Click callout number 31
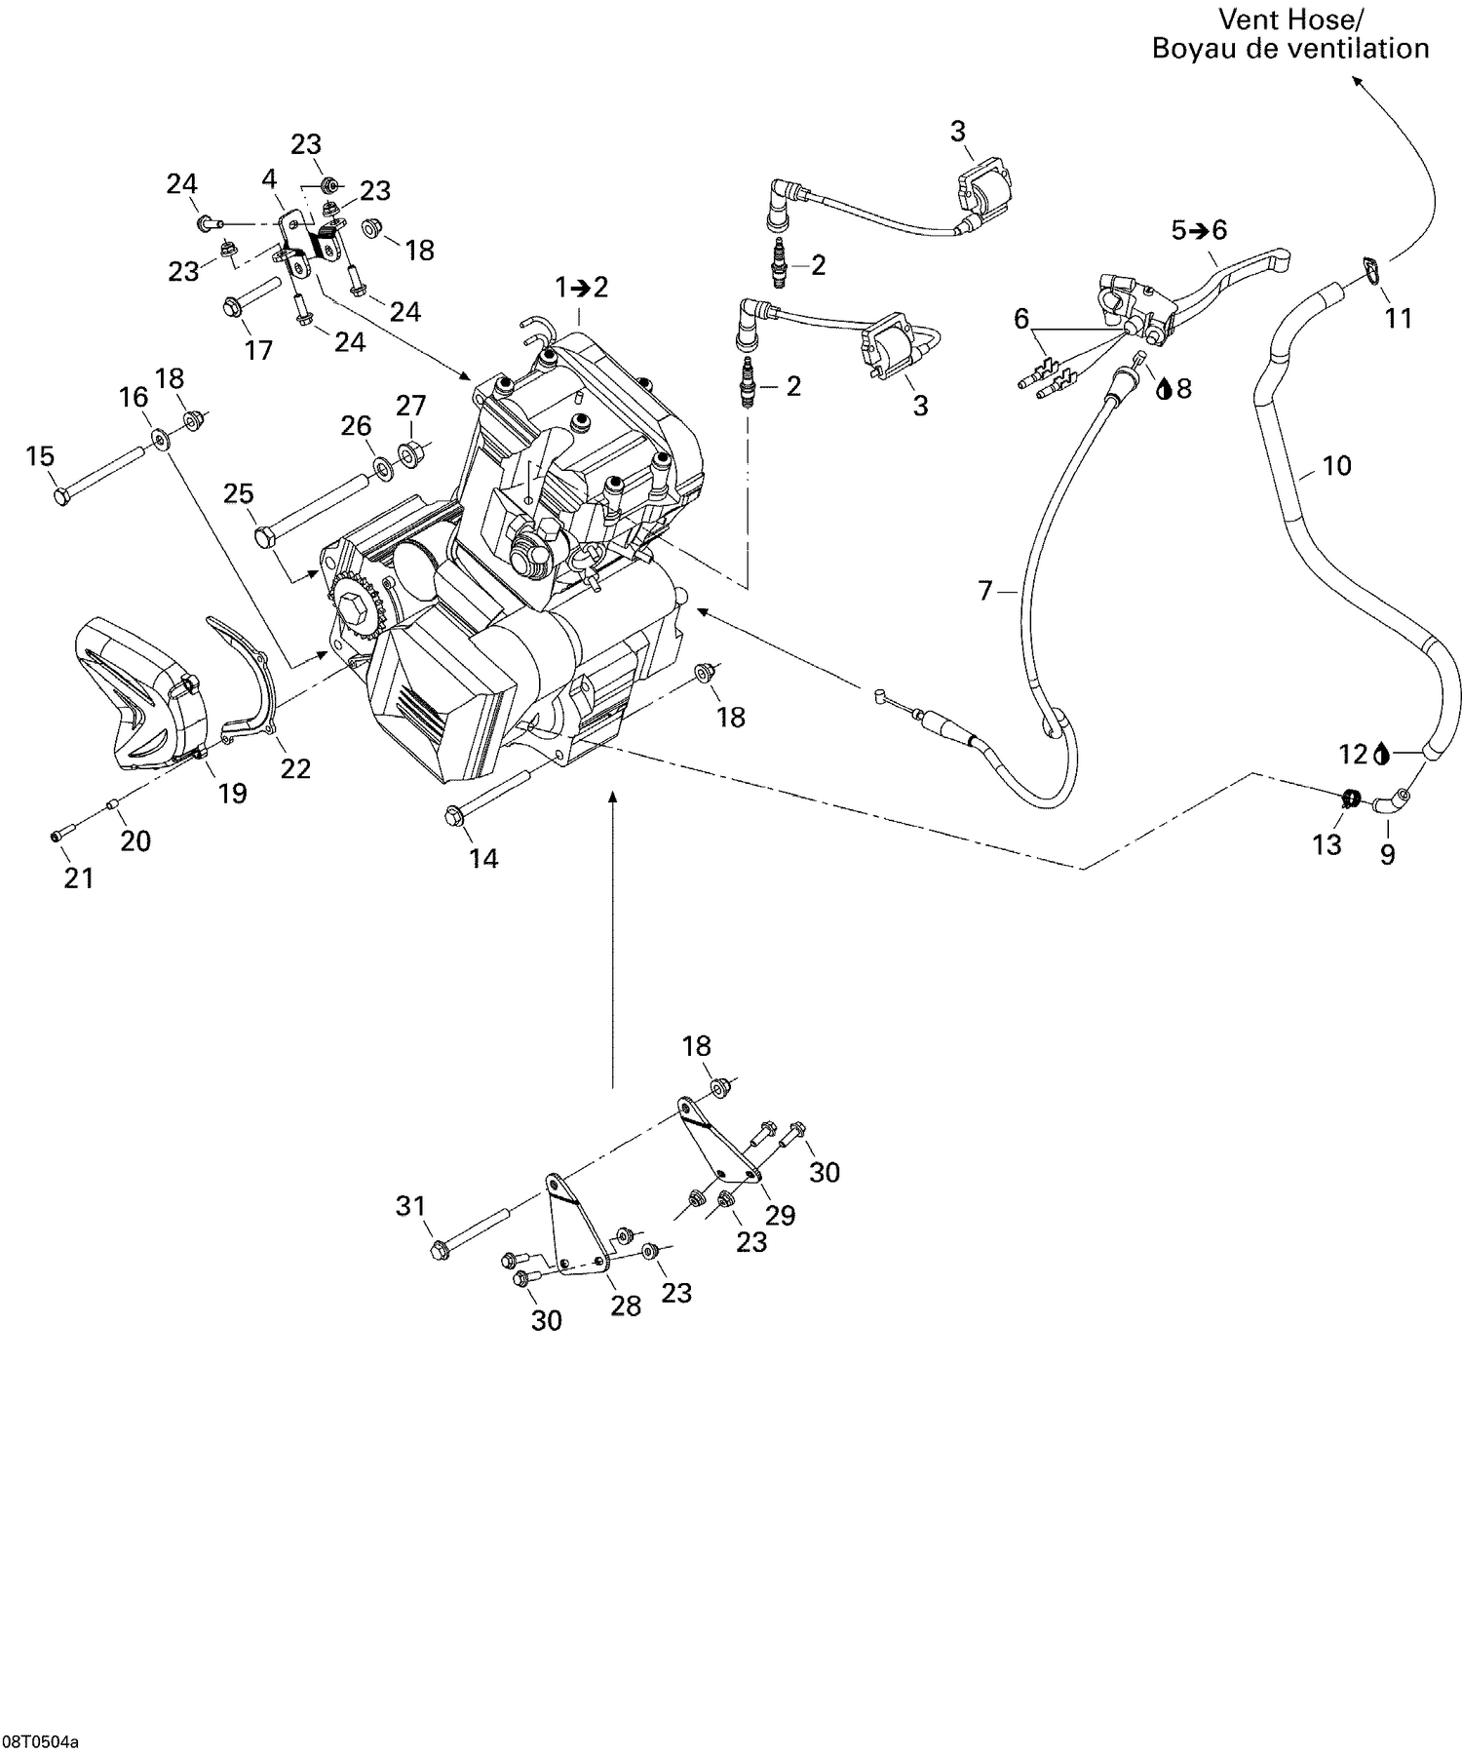[x=410, y=1206]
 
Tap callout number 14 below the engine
[x=483, y=858]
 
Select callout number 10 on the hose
[x=1337, y=466]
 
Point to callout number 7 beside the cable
[x=984, y=590]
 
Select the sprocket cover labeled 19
[x=132, y=694]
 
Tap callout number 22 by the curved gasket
[x=295, y=768]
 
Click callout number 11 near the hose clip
[x=1399, y=318]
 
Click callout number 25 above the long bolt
[x=239, y=493]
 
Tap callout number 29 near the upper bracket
[x=781, y=1215]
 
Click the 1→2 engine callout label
[x=581, y=287]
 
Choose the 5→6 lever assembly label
[x=1199, y=230]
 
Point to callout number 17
[x=258, y=349]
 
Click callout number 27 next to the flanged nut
[x=410, y=406]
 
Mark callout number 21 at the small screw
[x=79, y=877]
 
